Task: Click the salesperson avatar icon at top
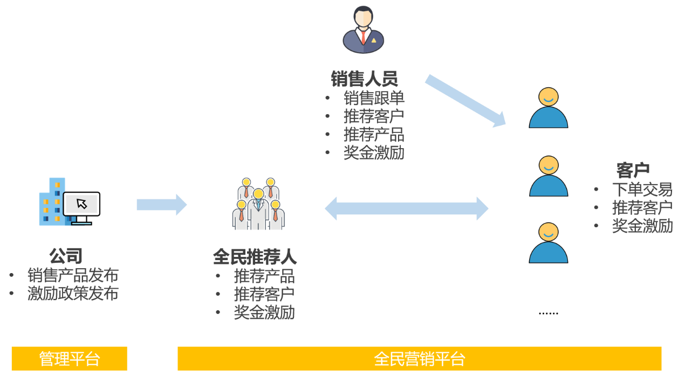(x=364, y=30)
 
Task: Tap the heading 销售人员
(x=364, y=79)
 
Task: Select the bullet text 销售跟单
(x=374, y=98)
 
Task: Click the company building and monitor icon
(x=69, y=201)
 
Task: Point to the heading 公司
(x=66, y=256)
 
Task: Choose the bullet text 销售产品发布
(x=73, y=275)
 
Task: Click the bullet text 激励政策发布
(x=73, y=294)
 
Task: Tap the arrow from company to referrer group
(x=161, y=205)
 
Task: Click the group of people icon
(x=259, y=205)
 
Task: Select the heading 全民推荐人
(x=255, y=257)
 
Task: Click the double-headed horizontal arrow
(x=406, y=208)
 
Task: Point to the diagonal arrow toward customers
(x=465, y=101)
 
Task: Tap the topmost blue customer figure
(x=549, y=108)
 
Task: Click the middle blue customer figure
(x=549, y=177)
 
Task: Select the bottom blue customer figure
(x=549, y=243)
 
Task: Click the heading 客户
(x=633, y=171)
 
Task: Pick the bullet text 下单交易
(x=642, y=190)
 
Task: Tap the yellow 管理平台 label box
(x=70, y=359)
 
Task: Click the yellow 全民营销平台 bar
(x=419, y=359)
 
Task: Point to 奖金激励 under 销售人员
(x=374, y=153)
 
